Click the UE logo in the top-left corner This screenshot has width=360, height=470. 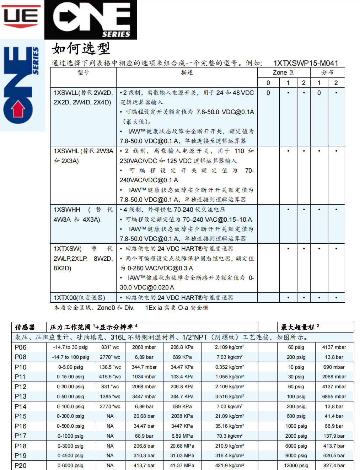click(x=21, y=16)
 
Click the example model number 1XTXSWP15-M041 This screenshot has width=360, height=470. click(x=306, y=63)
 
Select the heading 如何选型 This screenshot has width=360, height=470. click(x=81, y=49)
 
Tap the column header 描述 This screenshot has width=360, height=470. click(x=187, y=72)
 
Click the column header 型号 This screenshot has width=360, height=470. click(x=83, y=72)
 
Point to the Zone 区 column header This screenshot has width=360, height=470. click(x=283, y=72)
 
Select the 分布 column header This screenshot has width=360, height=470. click(x=327, y=72)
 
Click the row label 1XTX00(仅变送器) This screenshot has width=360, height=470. click(x=79, y=298)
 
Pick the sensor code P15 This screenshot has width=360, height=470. click(x=21, y=416)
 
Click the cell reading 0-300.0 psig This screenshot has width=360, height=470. click(x=70, y=416)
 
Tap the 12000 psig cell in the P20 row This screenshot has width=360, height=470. click(x=296, y=465)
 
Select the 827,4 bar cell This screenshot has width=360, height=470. click(x=334, y=465)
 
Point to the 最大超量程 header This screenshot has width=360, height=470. click(x=300, y=327)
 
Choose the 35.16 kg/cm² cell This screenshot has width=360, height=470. click(x=230, y=426)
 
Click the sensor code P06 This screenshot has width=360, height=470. click(x=21, y=347)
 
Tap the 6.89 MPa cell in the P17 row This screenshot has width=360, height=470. click(x=182, y=436)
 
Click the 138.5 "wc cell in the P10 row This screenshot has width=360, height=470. click(x=110, y=367)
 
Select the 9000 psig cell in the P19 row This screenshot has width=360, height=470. click(x=296, y=455)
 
